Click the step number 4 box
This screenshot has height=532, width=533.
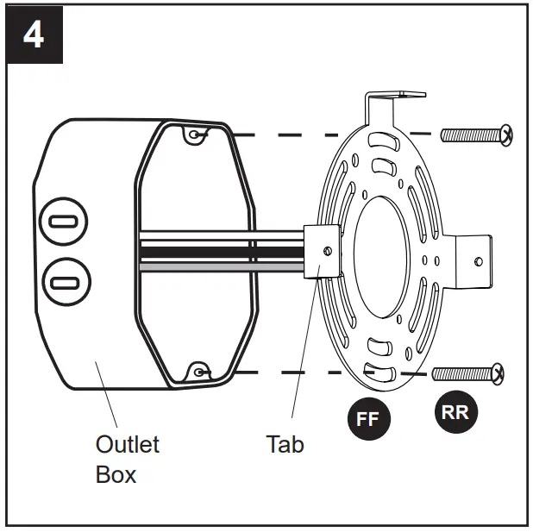35,36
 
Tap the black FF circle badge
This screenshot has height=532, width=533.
368,419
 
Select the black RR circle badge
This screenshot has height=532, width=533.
455,412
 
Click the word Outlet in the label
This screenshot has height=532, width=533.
127,444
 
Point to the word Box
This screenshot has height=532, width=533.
116,473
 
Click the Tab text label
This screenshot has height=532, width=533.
285,444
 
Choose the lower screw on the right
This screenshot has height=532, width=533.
467,373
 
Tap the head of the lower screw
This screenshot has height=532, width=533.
497,373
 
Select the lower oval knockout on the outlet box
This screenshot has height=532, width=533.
62,282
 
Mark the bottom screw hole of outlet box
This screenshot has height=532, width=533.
199,372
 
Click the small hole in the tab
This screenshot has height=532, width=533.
326,251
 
